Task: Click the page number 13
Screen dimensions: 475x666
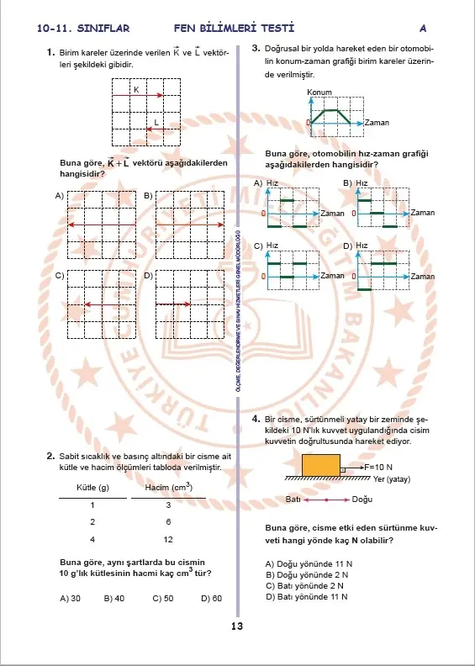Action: (237, 626)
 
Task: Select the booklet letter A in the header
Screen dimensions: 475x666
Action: (423, 29)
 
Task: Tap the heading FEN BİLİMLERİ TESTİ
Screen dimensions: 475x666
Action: (234, 29)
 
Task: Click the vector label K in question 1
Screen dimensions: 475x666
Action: (136, 90)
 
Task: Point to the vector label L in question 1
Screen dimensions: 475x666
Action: (156, 122)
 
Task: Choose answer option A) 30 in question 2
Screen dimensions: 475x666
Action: (71, 599)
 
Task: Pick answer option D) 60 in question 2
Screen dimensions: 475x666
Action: (211, 599)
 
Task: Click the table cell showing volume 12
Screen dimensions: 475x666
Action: (168, 539)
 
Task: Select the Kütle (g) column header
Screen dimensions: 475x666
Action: (92, 488)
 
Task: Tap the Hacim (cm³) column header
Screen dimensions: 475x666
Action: (168, 487)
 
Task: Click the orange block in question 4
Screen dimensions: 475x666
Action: (321, 465)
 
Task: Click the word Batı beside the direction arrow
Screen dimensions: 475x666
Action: (293, 499)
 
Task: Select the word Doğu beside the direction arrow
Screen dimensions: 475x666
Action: (362, 499)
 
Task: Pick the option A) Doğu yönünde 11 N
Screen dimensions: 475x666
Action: (309, 564)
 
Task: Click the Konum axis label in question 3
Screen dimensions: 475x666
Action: (319, 92)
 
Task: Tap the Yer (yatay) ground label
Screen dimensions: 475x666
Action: (392, 479)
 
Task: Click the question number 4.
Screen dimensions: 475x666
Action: (256, 419)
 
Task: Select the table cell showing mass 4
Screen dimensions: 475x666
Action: (92, 539)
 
